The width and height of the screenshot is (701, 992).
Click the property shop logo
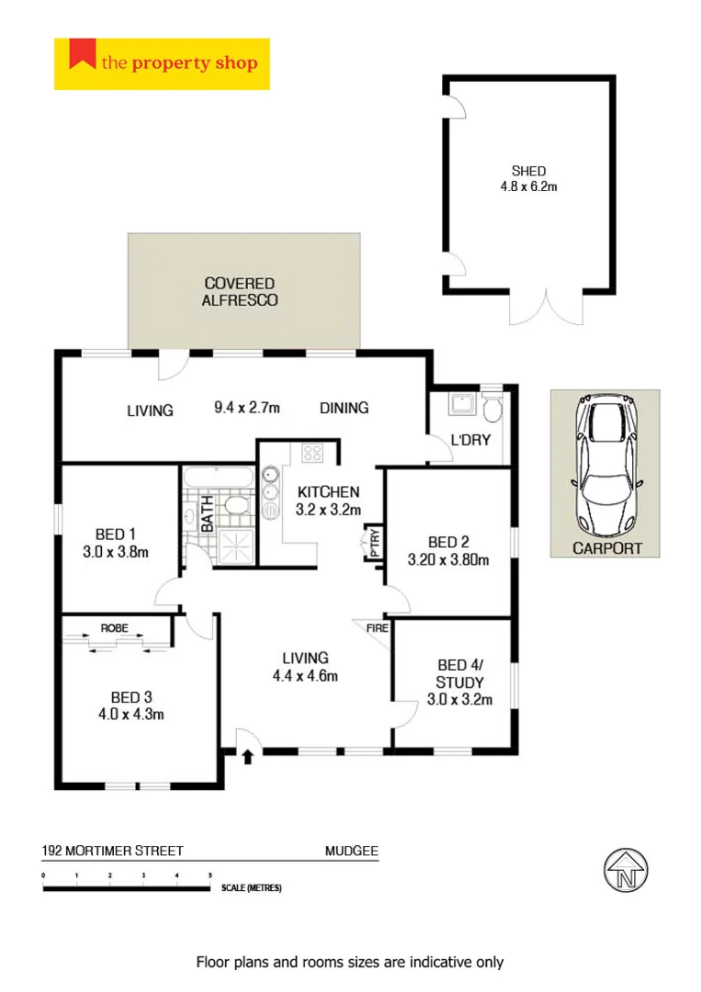pyautogui.click(x=162, y=63)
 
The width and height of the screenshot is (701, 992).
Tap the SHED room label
pyautogui.click(x=528, y=171)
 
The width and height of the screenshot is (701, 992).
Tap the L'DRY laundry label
pyautogui.click(x=469, y=440)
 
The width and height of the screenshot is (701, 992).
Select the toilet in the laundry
pyautogui.click(x=493, y=406)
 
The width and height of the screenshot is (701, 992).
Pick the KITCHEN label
pyautogui.click(x=327, y=492)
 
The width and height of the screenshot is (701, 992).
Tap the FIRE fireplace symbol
pyautogui.click(x=377, y=630)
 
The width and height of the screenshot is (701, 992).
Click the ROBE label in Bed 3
pyautogui.click(x=116, y=628)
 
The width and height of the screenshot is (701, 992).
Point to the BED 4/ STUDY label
pyautogui.click(x=460, y=673)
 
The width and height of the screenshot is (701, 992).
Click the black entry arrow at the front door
pyautogui.click(x=247, y=757)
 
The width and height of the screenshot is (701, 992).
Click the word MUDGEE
pyautogui.click(x=351, y=851)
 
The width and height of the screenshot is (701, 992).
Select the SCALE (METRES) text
pyautogui.click(x=251, y=888)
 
